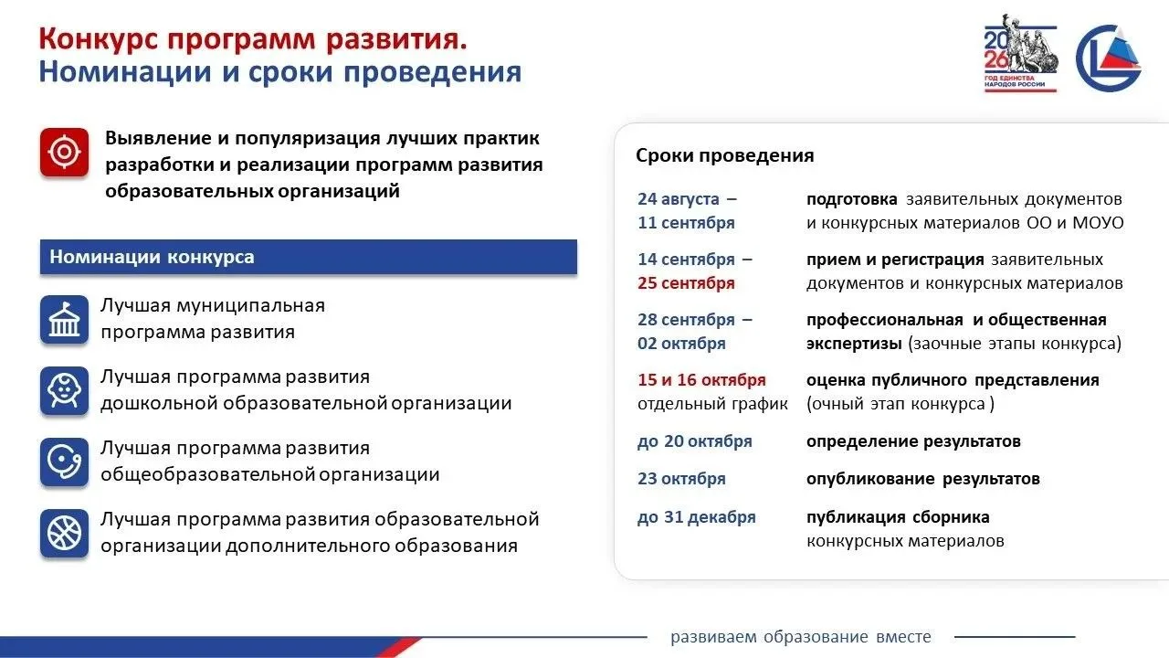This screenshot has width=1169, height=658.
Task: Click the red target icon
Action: coord(64,152)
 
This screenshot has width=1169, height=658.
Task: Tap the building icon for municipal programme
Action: coord(64,319)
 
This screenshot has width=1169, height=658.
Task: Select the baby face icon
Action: coord(64,390)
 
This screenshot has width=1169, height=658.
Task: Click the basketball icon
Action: coord(64,533)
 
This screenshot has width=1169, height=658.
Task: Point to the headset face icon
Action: coord(64,462)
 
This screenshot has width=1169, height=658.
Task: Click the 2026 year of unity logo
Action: coord(1021,54)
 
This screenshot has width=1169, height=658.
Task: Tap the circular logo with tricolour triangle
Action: coord(1109,58)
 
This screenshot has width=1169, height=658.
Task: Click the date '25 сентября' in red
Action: coord(686,283)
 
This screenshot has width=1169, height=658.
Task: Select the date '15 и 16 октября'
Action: coord(701,379)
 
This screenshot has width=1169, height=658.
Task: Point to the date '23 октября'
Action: coord(681,478)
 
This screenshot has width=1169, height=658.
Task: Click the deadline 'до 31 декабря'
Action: coord(696,517)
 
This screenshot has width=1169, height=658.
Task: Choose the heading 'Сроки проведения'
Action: coord(724,155)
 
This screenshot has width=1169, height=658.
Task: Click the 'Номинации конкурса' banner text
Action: coord(152,257)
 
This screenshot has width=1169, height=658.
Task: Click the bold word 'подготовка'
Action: coord(852,199)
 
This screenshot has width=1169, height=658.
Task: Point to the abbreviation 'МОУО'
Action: coord(1098,223)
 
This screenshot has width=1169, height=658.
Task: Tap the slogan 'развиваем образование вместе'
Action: coord(801,637)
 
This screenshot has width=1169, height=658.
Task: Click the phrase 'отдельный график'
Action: coord(712,404)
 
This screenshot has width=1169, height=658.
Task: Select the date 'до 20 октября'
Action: coord(695,441)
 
